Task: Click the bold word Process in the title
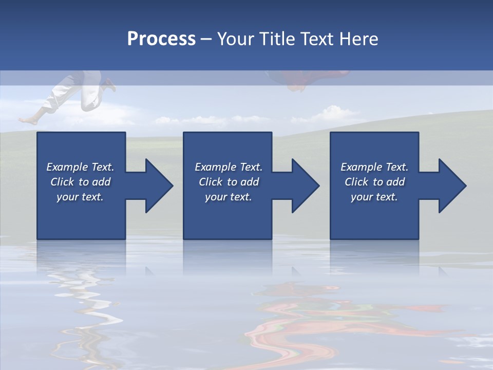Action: coord(161,39)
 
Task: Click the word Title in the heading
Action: coord(277,39)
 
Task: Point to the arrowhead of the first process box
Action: coord(157,186)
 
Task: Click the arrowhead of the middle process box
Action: coord(303,186)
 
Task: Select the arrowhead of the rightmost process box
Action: coord(450,186)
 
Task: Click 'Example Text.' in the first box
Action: coord(80,167)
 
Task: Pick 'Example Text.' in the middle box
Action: coord(228,167)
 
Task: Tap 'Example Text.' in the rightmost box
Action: coord(374,167)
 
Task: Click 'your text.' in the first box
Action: coord(80,197)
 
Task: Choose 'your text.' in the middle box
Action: coord(228,197)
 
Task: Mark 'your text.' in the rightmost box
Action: coord(374,197)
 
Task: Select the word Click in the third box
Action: coord(357,182)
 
